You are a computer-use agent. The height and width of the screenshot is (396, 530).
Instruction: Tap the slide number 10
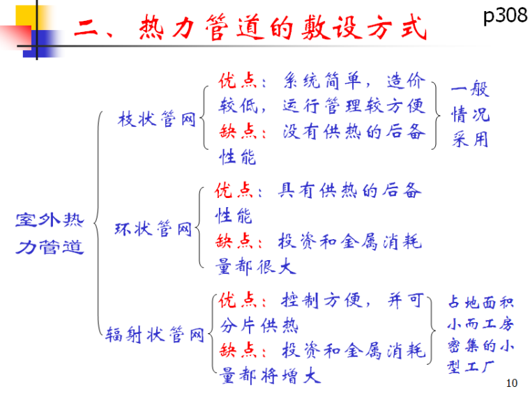coord(512,383)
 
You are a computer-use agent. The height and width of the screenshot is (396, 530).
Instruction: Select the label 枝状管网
coord(156,119)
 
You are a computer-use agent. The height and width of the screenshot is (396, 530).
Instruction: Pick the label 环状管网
coord(153,229)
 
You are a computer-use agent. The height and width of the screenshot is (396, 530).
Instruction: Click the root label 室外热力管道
coord(49,234)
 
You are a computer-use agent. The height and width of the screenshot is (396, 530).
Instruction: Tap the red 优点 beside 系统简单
coord(236,81)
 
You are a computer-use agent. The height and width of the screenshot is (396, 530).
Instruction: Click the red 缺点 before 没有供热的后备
coord(236,131)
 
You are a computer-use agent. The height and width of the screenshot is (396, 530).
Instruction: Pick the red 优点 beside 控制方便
coord(236,300)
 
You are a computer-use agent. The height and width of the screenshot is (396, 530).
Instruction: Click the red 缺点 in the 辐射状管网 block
coord(236,350)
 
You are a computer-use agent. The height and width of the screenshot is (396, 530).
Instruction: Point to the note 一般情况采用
coord(470,114)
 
